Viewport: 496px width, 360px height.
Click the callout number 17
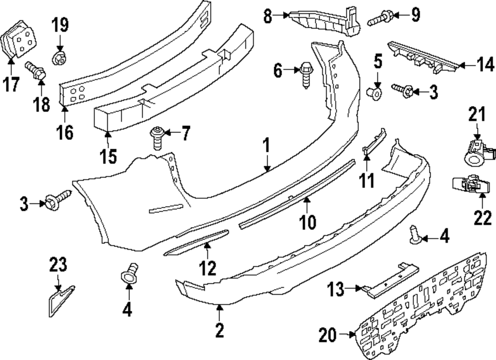pyautogui.click(x=12, y=85)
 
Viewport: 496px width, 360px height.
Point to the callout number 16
pyautogui.click(x=65, y=132)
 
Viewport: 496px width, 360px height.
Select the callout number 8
pyautogui.click(x=268, y=16)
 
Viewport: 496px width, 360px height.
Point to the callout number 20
pyautogui.click(x=328, y=336)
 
